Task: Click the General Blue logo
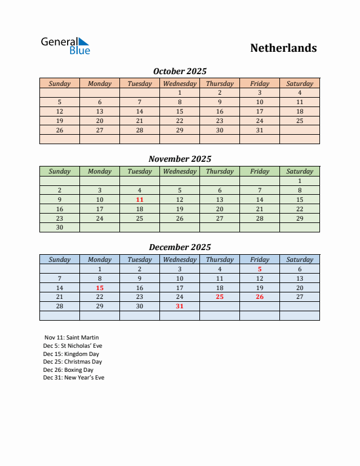[65, 46]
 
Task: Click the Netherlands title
[284, 48]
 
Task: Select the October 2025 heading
[180, 71]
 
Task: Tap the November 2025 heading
[180, 159]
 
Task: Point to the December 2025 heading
[180, 247]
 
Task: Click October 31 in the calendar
[259, 130]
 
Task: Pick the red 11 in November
[139, 199]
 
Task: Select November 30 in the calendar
[59, 228]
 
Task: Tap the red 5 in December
[259, 269]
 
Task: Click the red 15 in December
[99, 288]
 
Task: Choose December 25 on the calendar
[219, 297]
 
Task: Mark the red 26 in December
[259, 297]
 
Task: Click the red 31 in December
[179, 307]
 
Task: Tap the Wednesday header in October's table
[179, 84]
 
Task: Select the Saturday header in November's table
[299, 171]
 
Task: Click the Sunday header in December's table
[59, 259]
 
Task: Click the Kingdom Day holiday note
[71, 354]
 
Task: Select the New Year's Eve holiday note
[74, 378]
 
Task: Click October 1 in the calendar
[179, 92]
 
